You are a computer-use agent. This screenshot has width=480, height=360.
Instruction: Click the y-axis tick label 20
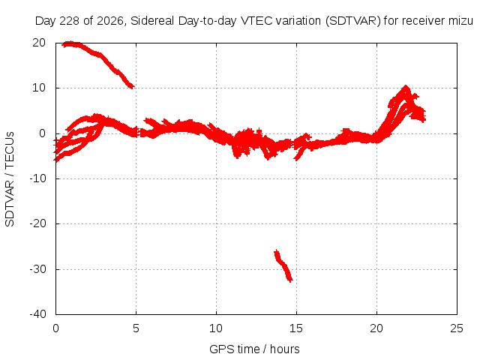tap(39, 43)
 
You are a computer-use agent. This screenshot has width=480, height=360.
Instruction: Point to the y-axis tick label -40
tap(37, 314)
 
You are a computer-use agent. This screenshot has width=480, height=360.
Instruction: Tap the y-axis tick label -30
tap(37, 269)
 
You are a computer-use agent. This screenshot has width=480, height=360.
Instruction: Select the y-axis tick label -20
tap(37, 223)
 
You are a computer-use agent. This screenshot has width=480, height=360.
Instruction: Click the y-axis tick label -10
tap(37, 178)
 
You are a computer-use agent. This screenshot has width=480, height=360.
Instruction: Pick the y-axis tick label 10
tap(39, 88)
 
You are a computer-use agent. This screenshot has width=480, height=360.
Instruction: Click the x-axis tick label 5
tap(136, 328)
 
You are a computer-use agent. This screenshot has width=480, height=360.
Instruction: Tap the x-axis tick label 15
tap(296, 328)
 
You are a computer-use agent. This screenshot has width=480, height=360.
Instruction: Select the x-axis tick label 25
tap(457, 328)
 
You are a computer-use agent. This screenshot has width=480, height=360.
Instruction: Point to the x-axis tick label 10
tap(216, 328)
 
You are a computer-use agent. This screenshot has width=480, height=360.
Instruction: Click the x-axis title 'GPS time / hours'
tap(254, 349)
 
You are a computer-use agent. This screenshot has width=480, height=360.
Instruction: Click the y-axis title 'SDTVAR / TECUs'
tap(10, 179)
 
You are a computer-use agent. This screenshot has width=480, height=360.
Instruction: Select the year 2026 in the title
tap(110, 21)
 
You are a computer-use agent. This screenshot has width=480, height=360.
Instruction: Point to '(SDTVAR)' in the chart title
tap(353, 21)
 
